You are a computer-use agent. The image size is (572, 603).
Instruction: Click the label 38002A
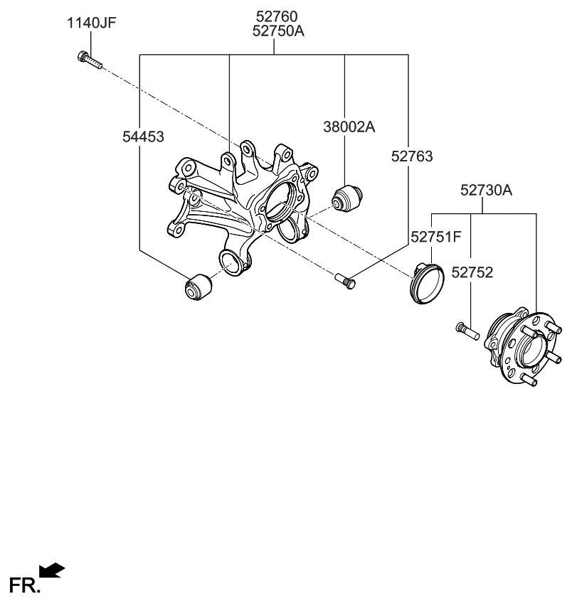point(349,127)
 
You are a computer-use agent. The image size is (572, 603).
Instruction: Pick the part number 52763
point(411,156)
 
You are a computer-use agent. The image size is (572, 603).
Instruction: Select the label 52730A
point(486,191)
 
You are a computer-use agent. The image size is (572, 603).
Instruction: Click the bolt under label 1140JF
point(88,60)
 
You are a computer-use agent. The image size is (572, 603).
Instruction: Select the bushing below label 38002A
point(349,197)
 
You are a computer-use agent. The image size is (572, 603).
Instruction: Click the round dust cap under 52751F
point(427,283)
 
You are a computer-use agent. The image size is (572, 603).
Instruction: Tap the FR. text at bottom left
point(23,586)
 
